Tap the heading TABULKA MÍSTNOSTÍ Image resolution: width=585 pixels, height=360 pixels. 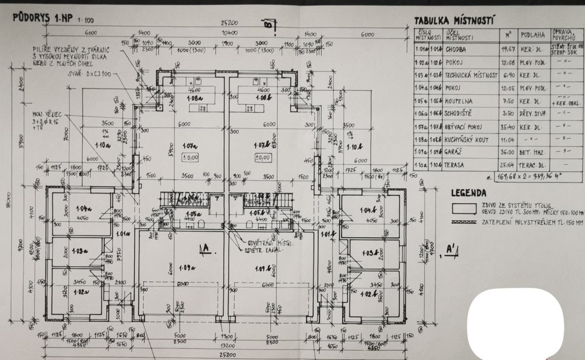454,20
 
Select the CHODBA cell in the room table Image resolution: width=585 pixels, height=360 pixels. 455,49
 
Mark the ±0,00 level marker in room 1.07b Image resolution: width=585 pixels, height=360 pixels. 262,157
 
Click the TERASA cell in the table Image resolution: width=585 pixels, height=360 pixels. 454,165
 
